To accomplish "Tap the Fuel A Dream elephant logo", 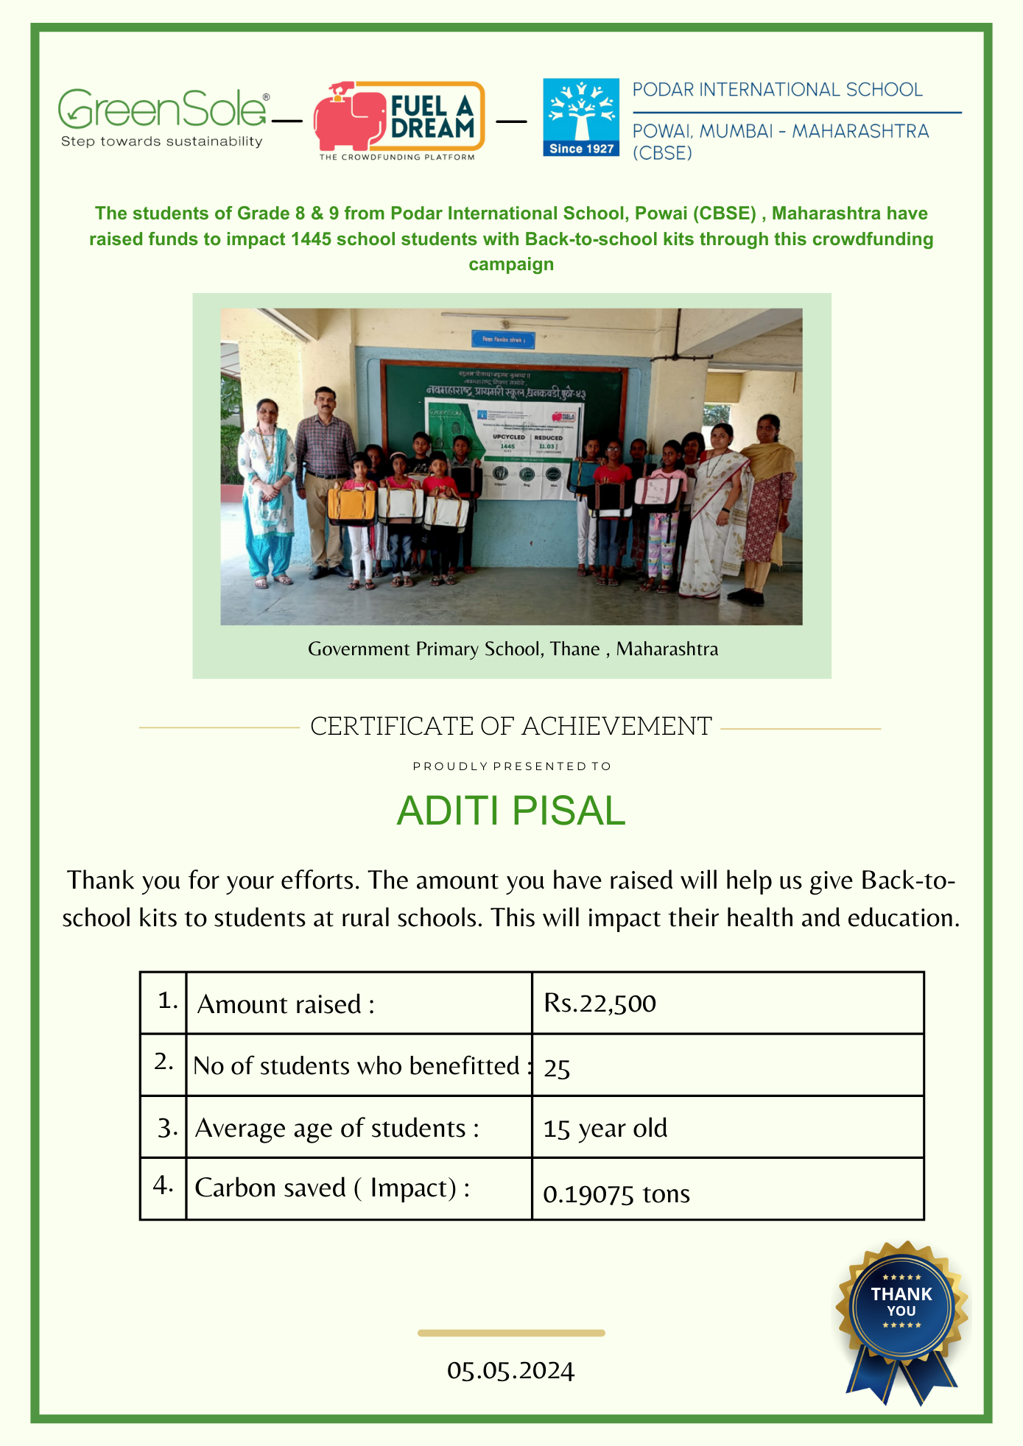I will pyautogui.click(x=398, y=119).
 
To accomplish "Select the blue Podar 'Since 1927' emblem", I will pyautogui.click(x=580, y=118).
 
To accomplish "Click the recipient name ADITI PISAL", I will pyautogui.click(x=510, y=811).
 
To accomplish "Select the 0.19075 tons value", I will pyautogui.click(x=616, y=1193).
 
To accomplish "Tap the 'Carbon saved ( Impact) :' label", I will pyautogui.click(x=332, y=1188).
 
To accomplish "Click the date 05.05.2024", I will pyautogui.click(x=510, y=1370).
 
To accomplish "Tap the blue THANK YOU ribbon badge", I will pyautogui.click(x=901, y=1318).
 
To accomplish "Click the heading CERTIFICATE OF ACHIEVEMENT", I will pyautogui.click(x=510, y=726).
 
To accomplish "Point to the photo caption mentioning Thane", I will pyautogui.click(x=513, y=649).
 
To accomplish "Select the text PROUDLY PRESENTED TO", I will pyautogui.click(x=512, y=766).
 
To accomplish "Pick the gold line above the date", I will pyautogui.click(x=511, y=1333).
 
